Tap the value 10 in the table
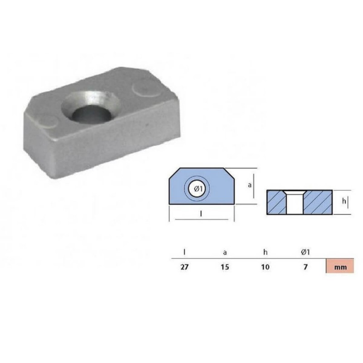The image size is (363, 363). [x=265, y=267]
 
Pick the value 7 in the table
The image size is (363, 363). [x=306, y=267]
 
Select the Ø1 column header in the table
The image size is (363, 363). [x=306, y=250]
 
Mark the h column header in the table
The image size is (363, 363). [x=265, y=250]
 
